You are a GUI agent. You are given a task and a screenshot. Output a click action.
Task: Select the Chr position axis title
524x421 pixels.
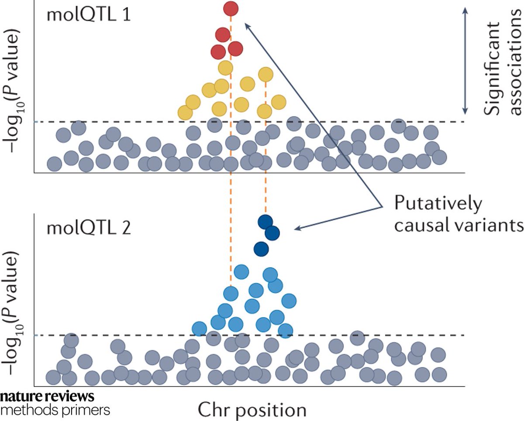(252, 410)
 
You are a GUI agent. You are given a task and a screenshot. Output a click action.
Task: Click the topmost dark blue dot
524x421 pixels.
(265, 222)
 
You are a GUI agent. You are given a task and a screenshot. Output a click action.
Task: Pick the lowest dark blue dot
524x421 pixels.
(262, 249)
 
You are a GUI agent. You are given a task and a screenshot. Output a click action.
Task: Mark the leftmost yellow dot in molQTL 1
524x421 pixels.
(185, 113)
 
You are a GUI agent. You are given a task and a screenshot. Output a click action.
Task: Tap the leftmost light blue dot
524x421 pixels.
(199, 327)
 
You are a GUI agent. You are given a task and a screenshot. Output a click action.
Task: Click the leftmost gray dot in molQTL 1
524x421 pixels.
(54, 164)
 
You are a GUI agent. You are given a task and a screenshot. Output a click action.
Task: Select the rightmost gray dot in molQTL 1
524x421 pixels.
(439, 157)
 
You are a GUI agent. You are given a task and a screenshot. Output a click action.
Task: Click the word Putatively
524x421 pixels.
(438, 204)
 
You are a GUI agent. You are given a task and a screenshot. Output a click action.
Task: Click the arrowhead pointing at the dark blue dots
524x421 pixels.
(297, 229)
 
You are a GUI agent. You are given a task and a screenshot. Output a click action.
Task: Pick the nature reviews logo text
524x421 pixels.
(47, 397)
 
